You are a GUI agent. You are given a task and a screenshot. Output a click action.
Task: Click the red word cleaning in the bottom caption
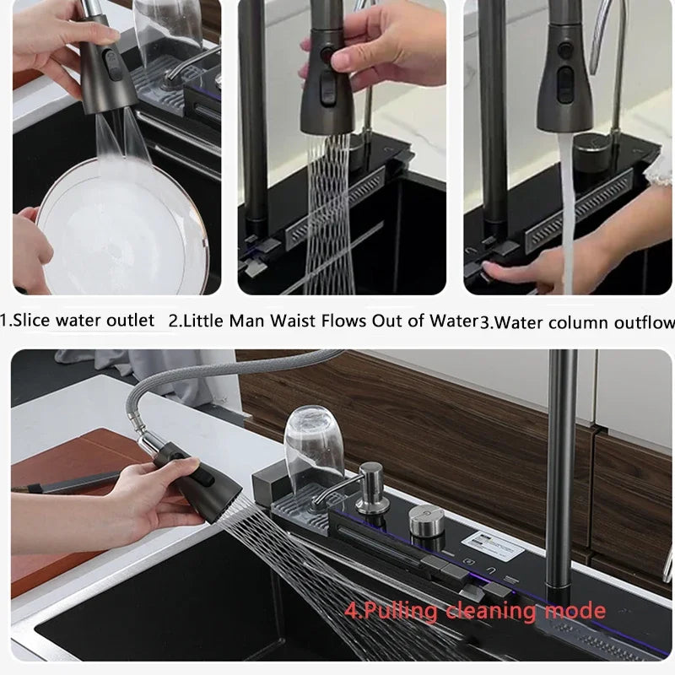coord(496,610)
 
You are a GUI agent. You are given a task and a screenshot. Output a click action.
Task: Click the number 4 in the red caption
coord(349,610)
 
